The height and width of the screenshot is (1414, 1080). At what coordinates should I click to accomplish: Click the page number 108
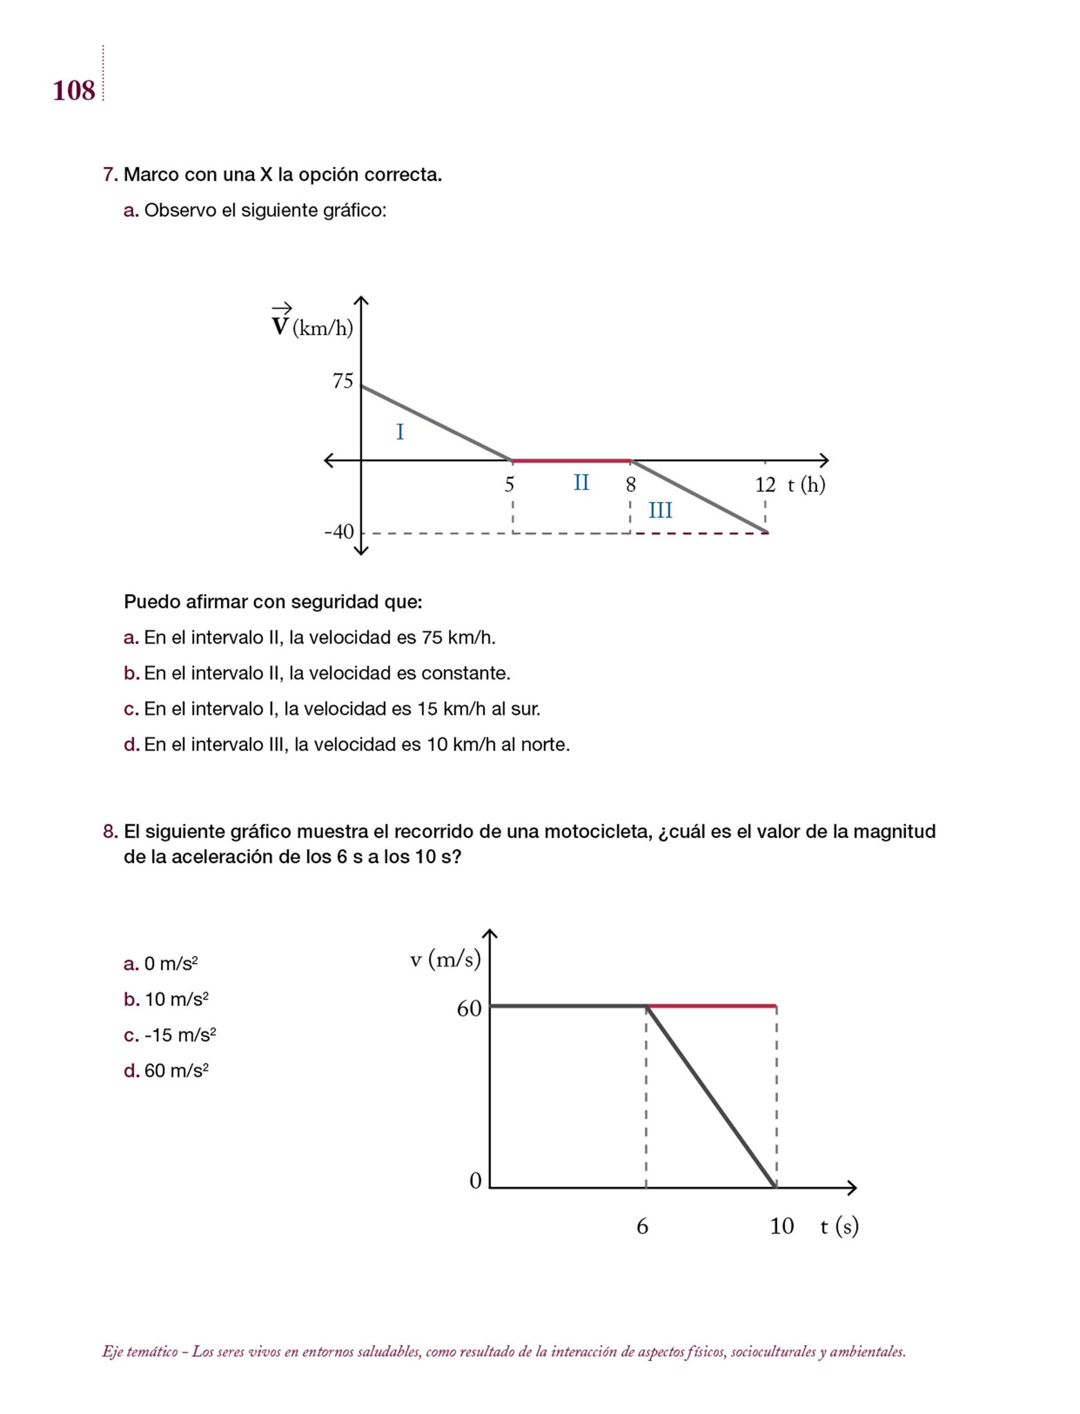(x=74, y=91)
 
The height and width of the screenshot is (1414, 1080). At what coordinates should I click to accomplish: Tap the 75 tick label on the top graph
(x=343, y=381)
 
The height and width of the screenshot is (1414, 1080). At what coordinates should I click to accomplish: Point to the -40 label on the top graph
(x=339, y=532)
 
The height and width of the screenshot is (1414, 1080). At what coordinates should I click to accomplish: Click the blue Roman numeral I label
(x=400, y=432)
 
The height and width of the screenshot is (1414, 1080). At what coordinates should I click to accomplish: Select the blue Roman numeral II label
(x=581, y=483)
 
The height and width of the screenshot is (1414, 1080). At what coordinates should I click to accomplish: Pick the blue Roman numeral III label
(x=660, y=511)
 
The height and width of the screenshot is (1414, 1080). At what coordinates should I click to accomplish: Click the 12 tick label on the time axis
(x=765, y=485)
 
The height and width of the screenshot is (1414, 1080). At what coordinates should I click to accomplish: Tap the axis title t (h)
(x=807, y=485)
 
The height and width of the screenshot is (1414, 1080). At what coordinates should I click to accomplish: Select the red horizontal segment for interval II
(x=571, y=460)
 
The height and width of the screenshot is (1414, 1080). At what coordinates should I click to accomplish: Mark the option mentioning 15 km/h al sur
(x=342, y=709)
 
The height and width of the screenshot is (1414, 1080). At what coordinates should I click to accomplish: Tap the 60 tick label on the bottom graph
(x=469, y=1009)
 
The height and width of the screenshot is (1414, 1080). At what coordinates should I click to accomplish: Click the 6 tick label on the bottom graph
(x=642, y=1227)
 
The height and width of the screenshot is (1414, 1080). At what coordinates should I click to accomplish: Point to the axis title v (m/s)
(x=445, y=959)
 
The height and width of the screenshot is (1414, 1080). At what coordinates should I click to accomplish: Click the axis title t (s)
(x=839, y=1227)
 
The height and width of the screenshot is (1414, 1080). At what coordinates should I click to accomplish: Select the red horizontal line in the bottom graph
(x=711, y=1006)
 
